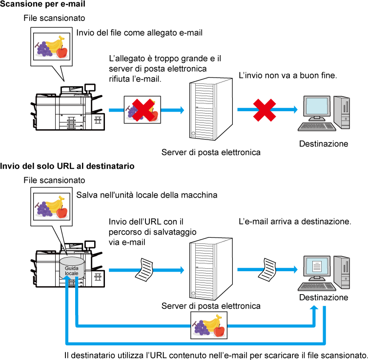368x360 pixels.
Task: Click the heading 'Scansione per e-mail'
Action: pyautogui.click(x=42, y=4)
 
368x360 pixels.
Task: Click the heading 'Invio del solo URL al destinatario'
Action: pyautogui.click(x=67, y=166)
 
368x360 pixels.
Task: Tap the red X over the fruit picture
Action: pyautogui.click(x=143, y=110)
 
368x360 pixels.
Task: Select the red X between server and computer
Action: pyautogui.click(x=265, y=110)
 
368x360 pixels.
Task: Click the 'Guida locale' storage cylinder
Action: pyautogui.click(x=72, y=268)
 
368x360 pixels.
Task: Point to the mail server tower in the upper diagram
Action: pyautogui.click(x=211, y=109)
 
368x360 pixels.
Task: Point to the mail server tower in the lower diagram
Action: pyautogui.click(x=211, y=269)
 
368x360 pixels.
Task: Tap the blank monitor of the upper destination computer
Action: pyautogui.click(x=317, y=106)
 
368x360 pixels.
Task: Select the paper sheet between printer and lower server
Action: pyautogui.click(x=144, y=270)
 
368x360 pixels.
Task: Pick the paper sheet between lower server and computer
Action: pyautogui.click(x=267, y=270)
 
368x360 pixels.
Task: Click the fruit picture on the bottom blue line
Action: pyautogui.click(x=209, y=325)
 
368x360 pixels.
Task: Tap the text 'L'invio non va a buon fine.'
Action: pyautogui.click(x=288, y=76)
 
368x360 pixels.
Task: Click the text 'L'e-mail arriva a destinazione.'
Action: pyautogui.click(x=295, y=221)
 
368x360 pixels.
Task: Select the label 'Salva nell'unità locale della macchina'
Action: pyautogui.click(x=147, y=195)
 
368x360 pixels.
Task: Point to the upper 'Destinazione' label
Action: pyautogui.click(x=324, y=143)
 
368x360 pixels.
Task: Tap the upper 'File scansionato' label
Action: pyautogui.click(x=54, y=18)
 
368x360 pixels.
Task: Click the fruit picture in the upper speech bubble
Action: pyautogui.click(x=52, y=46)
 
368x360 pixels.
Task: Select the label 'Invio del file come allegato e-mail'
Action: pyautogui.click(x=140, y=33)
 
